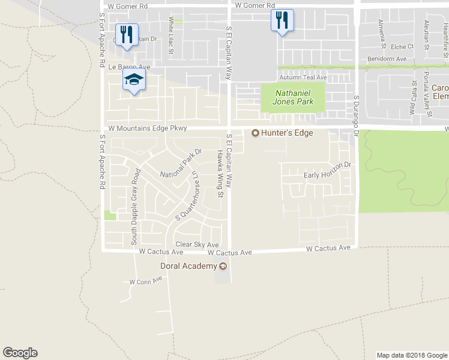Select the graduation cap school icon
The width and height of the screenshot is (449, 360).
coord(134,80)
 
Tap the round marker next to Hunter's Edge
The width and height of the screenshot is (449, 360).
coord(255,133)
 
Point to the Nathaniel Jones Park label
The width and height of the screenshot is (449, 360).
coord(294,97)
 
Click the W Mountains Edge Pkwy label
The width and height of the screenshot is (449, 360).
coord(148,128)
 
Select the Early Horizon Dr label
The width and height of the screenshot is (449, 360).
coord(327,170)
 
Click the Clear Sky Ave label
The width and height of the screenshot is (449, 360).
coord(197,245)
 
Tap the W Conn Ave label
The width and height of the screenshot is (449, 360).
coord(146,281)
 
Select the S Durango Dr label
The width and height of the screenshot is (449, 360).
coord(356,116)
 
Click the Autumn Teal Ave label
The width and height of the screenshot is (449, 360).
coord(303,77)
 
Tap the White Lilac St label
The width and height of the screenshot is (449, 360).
coord(170,37)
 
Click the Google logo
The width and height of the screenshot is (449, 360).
coord(20,353)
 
